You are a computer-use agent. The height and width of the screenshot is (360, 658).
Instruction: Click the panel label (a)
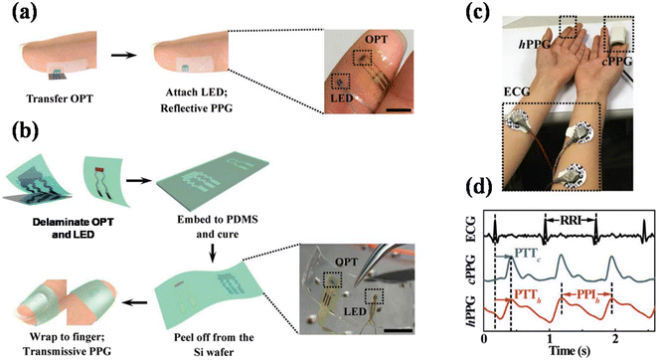pyautogui.click(x=22, y=14)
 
